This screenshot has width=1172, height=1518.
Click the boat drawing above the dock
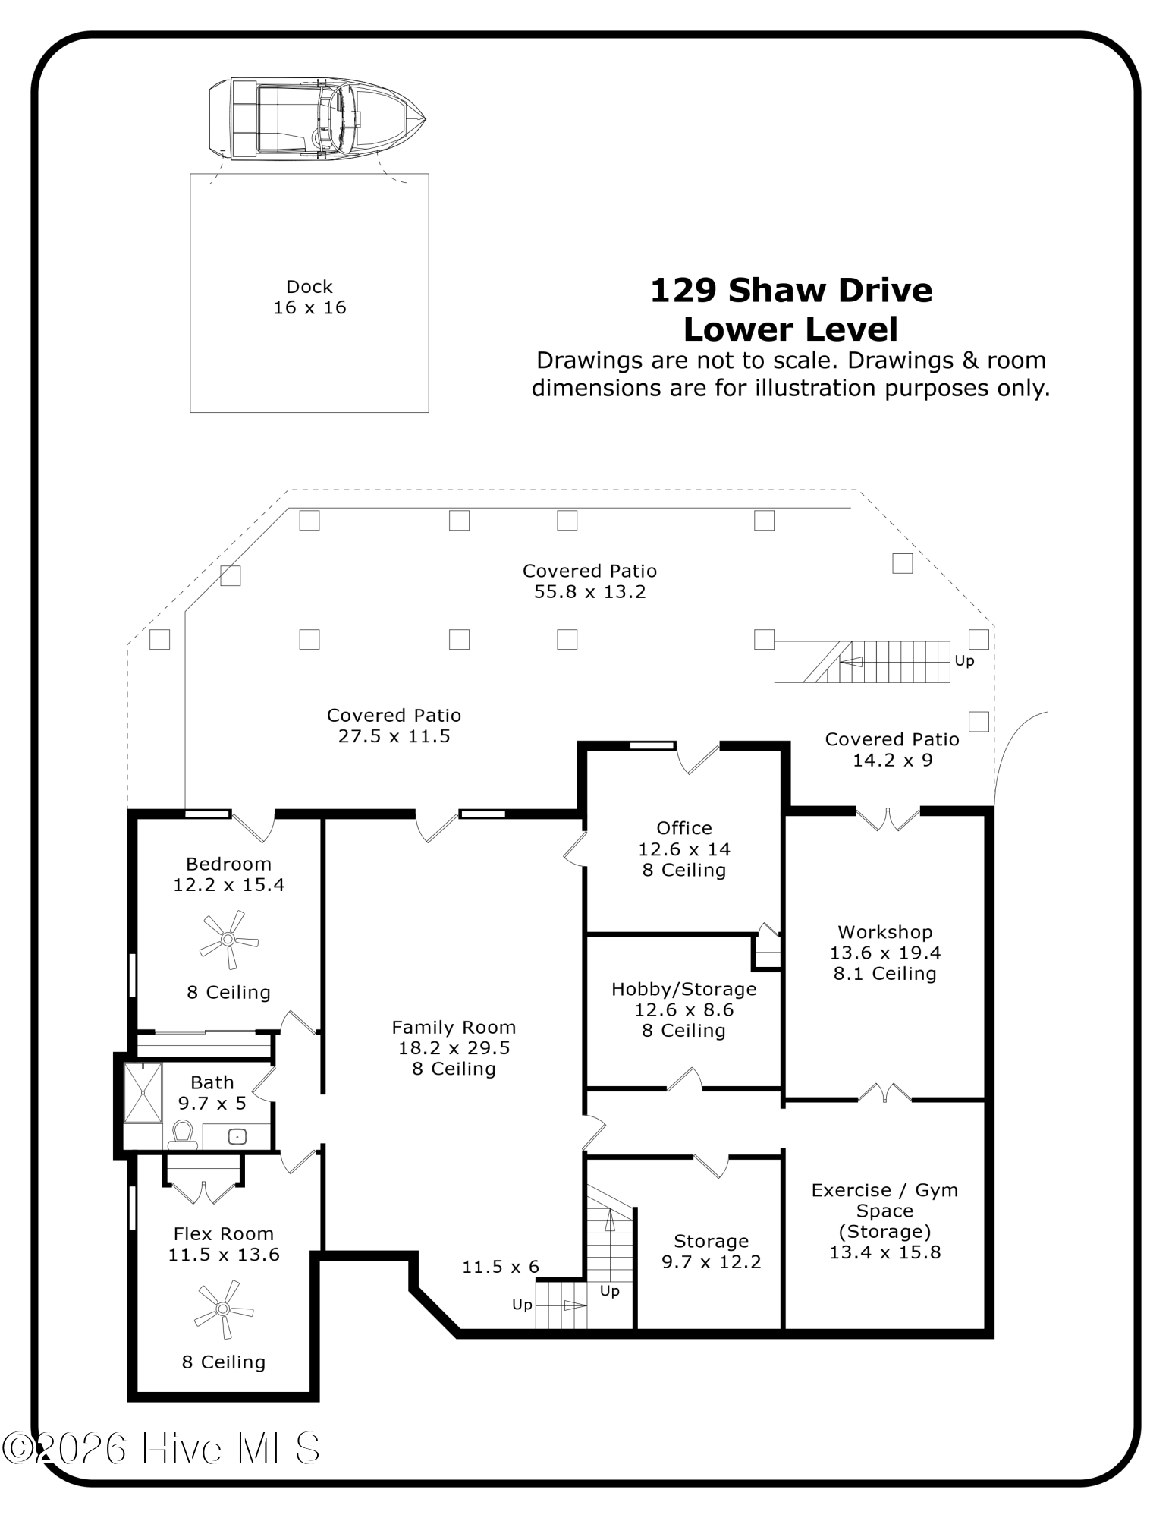(x=316, y=119)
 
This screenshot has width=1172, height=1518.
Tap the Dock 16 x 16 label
(x=309, y=298)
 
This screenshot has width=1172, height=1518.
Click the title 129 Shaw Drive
(x=791, y=291)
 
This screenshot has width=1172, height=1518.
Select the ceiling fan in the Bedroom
(x=228, y=940)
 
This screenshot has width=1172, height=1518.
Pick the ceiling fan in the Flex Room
(x=223, y=1309)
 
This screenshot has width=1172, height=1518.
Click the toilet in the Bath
(x=182, y=1134)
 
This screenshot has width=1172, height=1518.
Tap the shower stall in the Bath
(x=143, y=1093)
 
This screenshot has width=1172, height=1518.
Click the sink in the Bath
(x=237, y=1136)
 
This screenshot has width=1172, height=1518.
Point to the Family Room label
(x=454, y=1027)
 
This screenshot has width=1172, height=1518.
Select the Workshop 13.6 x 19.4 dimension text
(x=885, y=953)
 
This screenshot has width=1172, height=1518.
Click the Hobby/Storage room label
(x=683, y=989)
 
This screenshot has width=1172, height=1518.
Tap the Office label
(x=683, y=828)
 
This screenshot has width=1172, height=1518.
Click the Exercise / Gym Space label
(x=884, y=1190)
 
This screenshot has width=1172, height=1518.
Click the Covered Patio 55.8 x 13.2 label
(x=589, y=581)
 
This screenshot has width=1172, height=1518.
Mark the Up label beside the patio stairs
(x=964, y=661)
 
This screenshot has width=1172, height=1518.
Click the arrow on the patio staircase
(x=851, y=662)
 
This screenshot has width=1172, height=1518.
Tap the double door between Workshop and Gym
(x=884, y=1093)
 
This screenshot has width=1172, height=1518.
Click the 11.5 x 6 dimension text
(x=501, y=1267)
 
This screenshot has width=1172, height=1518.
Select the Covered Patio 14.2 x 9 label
(x=892, y=750)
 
